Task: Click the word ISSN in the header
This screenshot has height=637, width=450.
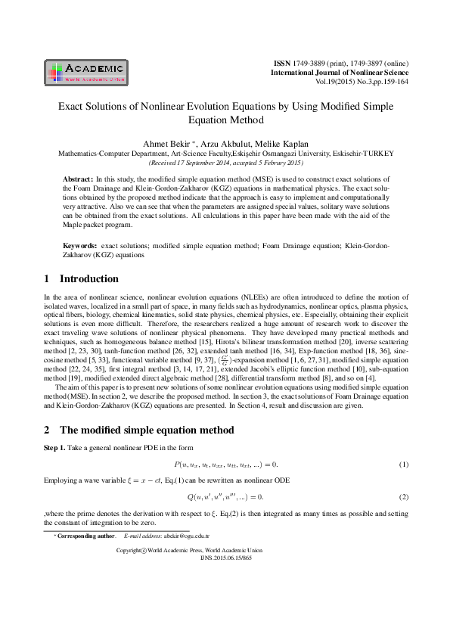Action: pos(281,63)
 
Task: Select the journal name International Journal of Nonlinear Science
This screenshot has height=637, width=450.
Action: pos(340,72)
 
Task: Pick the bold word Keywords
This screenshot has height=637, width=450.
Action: pos(79,247)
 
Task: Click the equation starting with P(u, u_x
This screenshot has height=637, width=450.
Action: pos(225,464)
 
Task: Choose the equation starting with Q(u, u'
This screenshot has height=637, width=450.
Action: pos(225,496)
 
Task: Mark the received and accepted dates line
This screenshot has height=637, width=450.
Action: pos(225,163)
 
